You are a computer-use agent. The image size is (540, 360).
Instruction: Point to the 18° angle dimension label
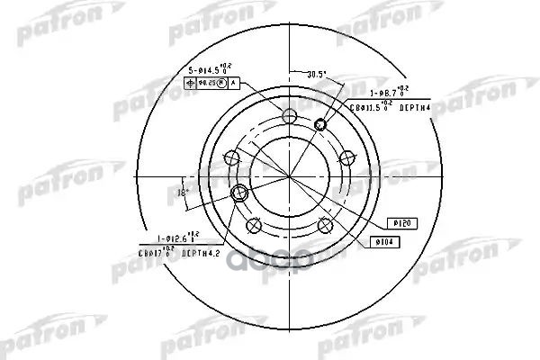coord(182,193)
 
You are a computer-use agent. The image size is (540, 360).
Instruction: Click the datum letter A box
coord(234,83)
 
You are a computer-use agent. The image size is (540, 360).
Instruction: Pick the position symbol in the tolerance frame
coord(189,83)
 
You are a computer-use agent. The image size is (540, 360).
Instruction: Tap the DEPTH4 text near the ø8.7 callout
coord(416,106)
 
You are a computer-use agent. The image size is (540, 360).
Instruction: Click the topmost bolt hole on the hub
coord(288,114)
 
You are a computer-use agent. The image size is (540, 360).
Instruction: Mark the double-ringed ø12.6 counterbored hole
coord(240,193)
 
